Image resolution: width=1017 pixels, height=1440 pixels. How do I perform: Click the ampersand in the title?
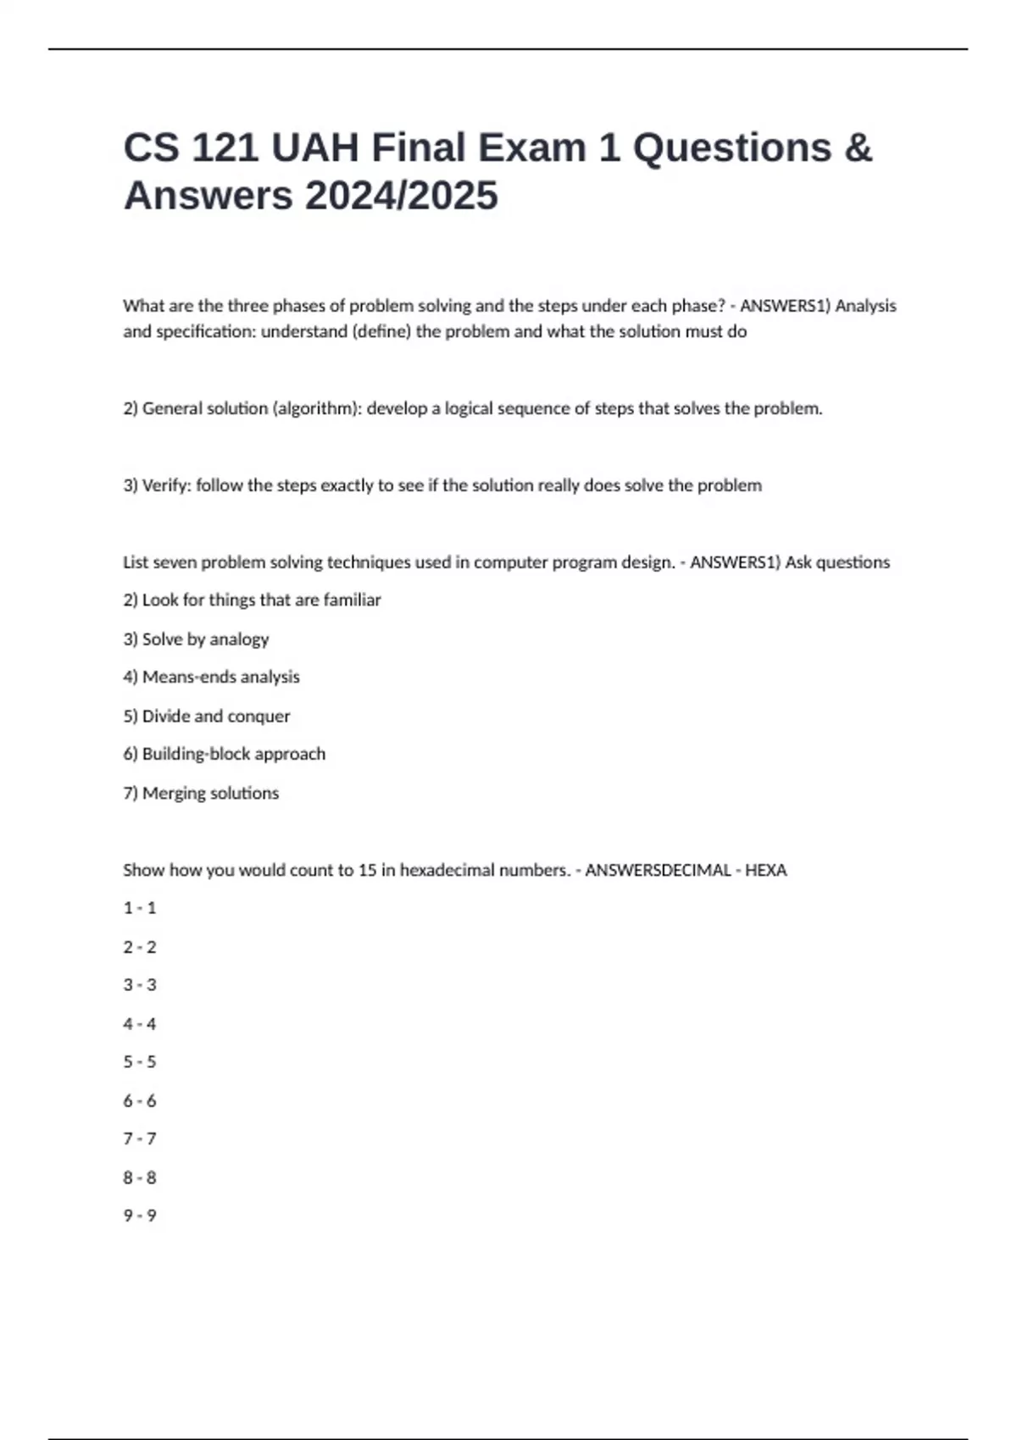(858, 148)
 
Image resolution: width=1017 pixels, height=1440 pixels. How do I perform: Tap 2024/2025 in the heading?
(401, 196)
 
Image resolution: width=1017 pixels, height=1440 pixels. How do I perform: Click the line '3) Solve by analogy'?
(196, 639)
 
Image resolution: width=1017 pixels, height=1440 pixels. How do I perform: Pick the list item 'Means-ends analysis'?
(220, 677)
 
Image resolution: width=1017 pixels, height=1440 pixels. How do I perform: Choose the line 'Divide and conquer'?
(215, 716)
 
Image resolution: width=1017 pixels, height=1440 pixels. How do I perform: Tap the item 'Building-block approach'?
(233, 754)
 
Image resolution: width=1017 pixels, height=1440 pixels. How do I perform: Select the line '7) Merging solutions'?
(201, 793)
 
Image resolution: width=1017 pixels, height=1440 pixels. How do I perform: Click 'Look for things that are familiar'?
(261, 600)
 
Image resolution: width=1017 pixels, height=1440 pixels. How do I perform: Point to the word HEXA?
(765, 870)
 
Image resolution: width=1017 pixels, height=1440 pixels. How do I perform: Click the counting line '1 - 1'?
(140, 908)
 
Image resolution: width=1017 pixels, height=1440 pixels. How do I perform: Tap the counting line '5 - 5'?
(140, 1062)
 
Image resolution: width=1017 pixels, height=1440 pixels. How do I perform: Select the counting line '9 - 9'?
(140, 1216)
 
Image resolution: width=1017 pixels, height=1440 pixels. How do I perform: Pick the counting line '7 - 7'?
(140, 1138)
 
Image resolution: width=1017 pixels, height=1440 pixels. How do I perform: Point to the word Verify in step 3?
(166, 485)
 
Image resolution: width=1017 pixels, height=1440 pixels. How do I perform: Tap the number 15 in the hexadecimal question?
(367, 870)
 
